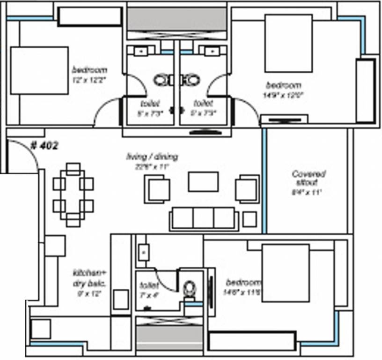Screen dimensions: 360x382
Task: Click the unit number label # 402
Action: pyautogui.click(x=44, y=146)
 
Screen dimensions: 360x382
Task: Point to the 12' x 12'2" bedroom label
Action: pyautogui.click(x=89, y=74)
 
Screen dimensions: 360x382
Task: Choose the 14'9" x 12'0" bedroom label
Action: pyautogui.click(x=283, y=90)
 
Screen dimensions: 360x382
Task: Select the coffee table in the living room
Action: pyautogui.click(x=203, y=182)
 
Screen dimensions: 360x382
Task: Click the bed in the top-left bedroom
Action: pyautogui.click(x=39, y=70)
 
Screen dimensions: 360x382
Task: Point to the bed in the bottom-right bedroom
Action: pyautogui.click(x=286, y=272)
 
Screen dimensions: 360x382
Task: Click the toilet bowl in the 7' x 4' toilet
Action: pyautogui.click(x=190, y=288)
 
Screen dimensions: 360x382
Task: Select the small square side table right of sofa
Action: pyautogui.click(x=250, y=219)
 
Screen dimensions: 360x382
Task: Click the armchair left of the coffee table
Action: pyautogui.click(x=157, y=189)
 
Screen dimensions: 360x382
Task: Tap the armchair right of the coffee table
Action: pyautogui.click(x=247, y=188)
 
